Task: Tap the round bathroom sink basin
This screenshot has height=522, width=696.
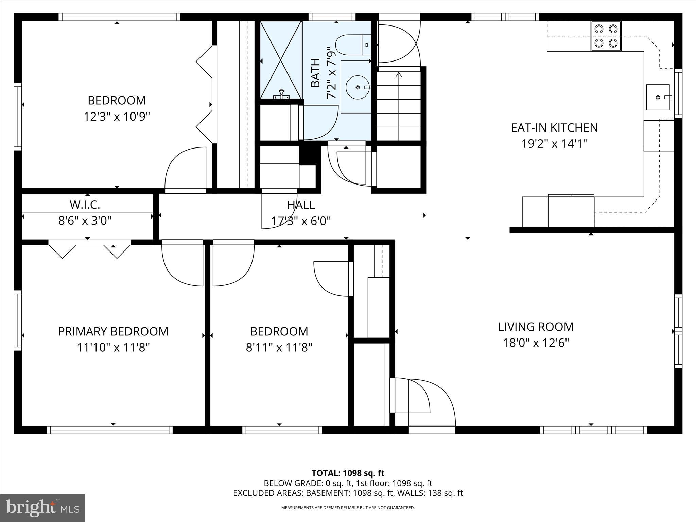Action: (x=357, y=87)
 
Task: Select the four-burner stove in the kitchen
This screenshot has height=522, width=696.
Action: (x=606, y=36)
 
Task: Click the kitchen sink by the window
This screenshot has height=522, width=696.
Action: (x=658, y=98)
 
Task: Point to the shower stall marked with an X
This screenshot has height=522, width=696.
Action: (x=281, y=60)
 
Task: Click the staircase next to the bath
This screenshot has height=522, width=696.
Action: (x=398, y=105)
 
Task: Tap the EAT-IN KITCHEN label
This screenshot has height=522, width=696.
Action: (x=554, y=128)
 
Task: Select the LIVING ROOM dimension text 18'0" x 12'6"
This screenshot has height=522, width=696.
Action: (x=536, y=343)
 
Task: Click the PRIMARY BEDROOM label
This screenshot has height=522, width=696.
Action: (x=113, y=331)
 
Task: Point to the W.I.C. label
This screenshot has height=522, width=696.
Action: (x=85, y=205)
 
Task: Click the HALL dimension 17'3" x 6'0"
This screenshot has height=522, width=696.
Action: (x=301, y=221)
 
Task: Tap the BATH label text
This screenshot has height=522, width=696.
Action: (x=316, y=73)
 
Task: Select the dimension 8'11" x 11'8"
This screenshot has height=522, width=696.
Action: (x=279, y=348)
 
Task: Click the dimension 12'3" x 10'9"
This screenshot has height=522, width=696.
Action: (x=117, y=117)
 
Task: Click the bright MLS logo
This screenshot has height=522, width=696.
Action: (x=42, y=508)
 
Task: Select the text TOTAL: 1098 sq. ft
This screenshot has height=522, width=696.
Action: (x=348, y=473)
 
